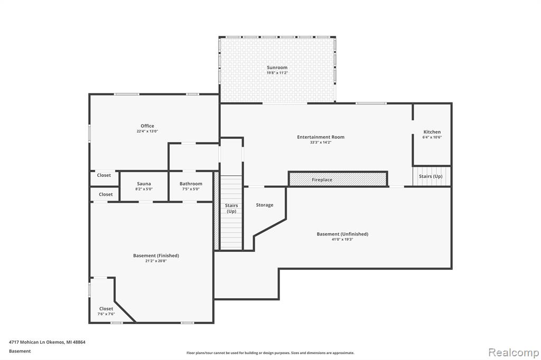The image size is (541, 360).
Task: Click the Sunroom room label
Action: pos(277,68)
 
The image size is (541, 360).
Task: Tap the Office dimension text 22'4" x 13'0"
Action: pos(147,131)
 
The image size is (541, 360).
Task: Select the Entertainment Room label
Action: pos(321,137)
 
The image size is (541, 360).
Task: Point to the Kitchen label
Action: pos(432,132)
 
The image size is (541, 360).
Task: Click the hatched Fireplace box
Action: pos(338,179)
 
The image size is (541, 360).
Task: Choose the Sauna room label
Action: pos(144,184)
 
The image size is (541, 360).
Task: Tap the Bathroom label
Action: pos(191,184)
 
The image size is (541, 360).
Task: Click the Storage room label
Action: pos(265,205)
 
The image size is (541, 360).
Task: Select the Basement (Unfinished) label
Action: pos(342,234)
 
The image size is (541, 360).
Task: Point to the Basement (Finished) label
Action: pos(156,255)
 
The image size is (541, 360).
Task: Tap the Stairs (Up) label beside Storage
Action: pos(231,209)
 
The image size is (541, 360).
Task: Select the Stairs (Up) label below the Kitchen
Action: pos(431,176)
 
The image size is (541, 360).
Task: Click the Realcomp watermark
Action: pos(514,353)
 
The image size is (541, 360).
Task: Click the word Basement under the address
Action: pos(20,351)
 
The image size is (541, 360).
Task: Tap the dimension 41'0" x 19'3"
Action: pos(342,239)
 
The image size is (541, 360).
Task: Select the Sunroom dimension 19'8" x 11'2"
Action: pos(277,73)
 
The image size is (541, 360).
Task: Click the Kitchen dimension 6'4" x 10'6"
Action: pos(432,137)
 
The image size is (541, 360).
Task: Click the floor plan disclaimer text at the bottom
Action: pos(270,353)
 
